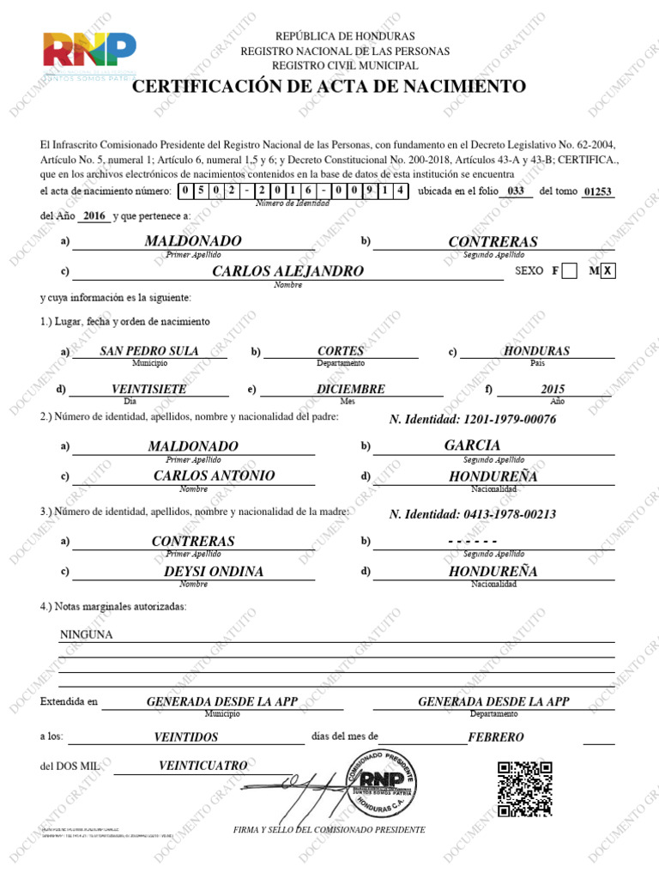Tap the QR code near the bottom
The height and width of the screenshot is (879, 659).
pyautogui.click(x=524, y=788)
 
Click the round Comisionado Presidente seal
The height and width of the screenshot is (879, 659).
pyautogui.click(x=378, y=783)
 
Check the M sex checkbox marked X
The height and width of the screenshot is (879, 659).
pyautogui.click(x=608, y=271)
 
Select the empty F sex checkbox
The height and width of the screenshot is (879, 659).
pyautogui.click(x=569, y=271)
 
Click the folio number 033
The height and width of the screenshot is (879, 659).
pyautogui.click(x=515, y=191)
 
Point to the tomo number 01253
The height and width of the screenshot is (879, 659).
pyautogui.click(x=597, y=191)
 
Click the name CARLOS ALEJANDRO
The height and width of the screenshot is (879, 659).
pyautogui.click(x=287, y=271)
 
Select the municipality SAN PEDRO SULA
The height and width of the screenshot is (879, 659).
pyautogui.click(x=149, y=351)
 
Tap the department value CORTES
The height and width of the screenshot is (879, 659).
pyautogui.click(x=341, y=351)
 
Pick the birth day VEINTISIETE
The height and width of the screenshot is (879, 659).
pyautogui.click(x=149, y=389)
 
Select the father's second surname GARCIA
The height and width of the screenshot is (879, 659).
pyautogui.click(x=472, y=446)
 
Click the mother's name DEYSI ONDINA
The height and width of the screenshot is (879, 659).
pyautogui.click(x=214, y=571)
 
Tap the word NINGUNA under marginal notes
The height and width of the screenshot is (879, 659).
pyautogui.click(x=86, y=635)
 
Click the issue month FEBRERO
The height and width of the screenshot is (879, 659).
pyautogui.click(x=496, y=737)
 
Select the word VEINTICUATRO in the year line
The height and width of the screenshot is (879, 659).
pyautogui.click(x=203, y=765)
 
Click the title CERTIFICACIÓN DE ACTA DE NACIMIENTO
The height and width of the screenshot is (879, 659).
pyautogui.click(x=329, y=87)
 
